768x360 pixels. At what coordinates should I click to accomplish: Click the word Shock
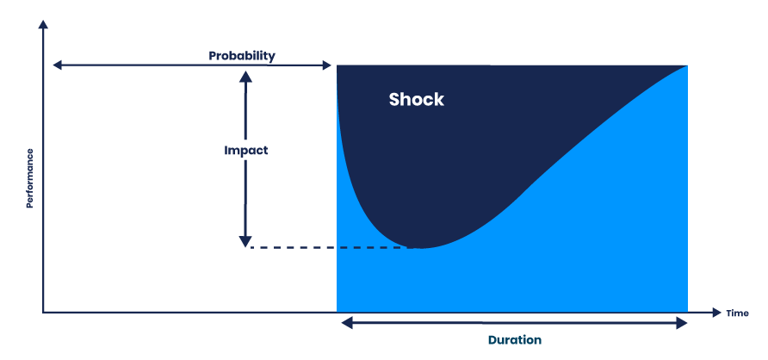pyautogui.click(x=416, y=99)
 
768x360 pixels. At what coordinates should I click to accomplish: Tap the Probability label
pyautogui.click(x=242, y=56)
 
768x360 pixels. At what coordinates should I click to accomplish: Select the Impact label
pyautogui.click(x=245, y=150)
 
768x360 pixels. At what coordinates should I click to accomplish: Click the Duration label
pyautogui.click(x=515, y=339)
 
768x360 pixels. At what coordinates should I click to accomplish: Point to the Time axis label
pyautogui.click(x=737, y=313)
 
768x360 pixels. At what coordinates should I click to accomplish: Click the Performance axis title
pyautogui.click(x=29, y=178)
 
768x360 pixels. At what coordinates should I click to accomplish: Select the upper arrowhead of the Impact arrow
pyautogui.click(x=245, y=76)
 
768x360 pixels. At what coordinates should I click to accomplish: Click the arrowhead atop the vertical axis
pyautogui.click(x=42, y=26)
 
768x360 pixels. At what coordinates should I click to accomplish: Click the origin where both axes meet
pyautogui.click(x=42, y=312)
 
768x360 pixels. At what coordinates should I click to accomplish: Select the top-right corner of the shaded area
pyautogui.click(x=687, y=65)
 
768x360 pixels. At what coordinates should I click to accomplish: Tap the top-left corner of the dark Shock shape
pyautogui.click(x=338, y=66)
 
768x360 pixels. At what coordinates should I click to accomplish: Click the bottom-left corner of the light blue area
pyautogui.click(x=338, y=310)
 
